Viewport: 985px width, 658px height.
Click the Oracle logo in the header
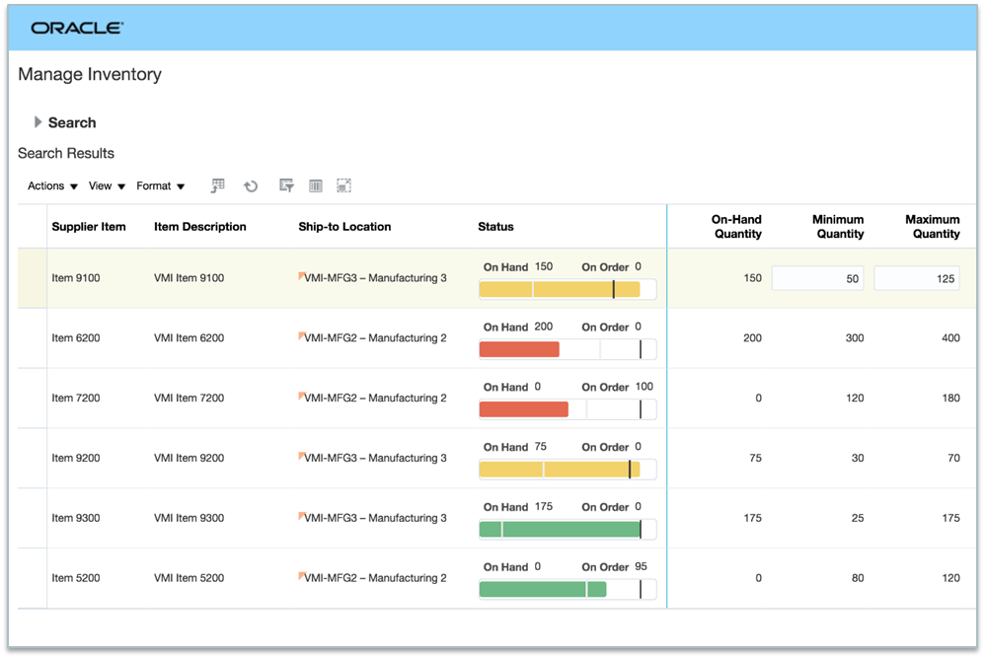77,28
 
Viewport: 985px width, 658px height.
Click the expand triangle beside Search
38,122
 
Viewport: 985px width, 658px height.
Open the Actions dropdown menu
52,185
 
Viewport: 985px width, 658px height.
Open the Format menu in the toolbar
161,185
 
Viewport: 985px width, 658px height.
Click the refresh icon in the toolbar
251,185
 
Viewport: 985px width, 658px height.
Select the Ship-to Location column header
344,227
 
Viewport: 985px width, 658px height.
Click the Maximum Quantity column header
932,227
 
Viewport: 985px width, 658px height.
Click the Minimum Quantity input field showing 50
817,278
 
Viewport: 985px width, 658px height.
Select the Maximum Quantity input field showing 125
916,278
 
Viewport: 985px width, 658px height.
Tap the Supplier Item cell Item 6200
76,338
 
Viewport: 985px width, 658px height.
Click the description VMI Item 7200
189,399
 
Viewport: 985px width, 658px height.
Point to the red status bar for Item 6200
519,349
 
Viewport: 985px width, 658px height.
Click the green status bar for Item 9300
560,530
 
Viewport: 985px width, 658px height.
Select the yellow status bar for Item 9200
559,470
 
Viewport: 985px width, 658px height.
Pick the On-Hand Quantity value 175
752,518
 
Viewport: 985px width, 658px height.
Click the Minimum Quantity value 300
854,338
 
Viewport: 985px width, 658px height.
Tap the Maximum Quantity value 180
949,399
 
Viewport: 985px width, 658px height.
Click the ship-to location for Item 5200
375,578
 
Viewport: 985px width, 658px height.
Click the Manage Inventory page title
90,75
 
